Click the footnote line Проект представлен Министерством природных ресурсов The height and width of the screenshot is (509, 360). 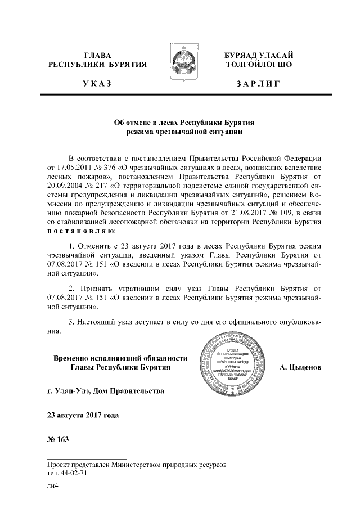(138, 466)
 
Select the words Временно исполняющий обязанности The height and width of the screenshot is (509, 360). (120, 358)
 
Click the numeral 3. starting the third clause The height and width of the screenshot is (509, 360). (71, 322)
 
